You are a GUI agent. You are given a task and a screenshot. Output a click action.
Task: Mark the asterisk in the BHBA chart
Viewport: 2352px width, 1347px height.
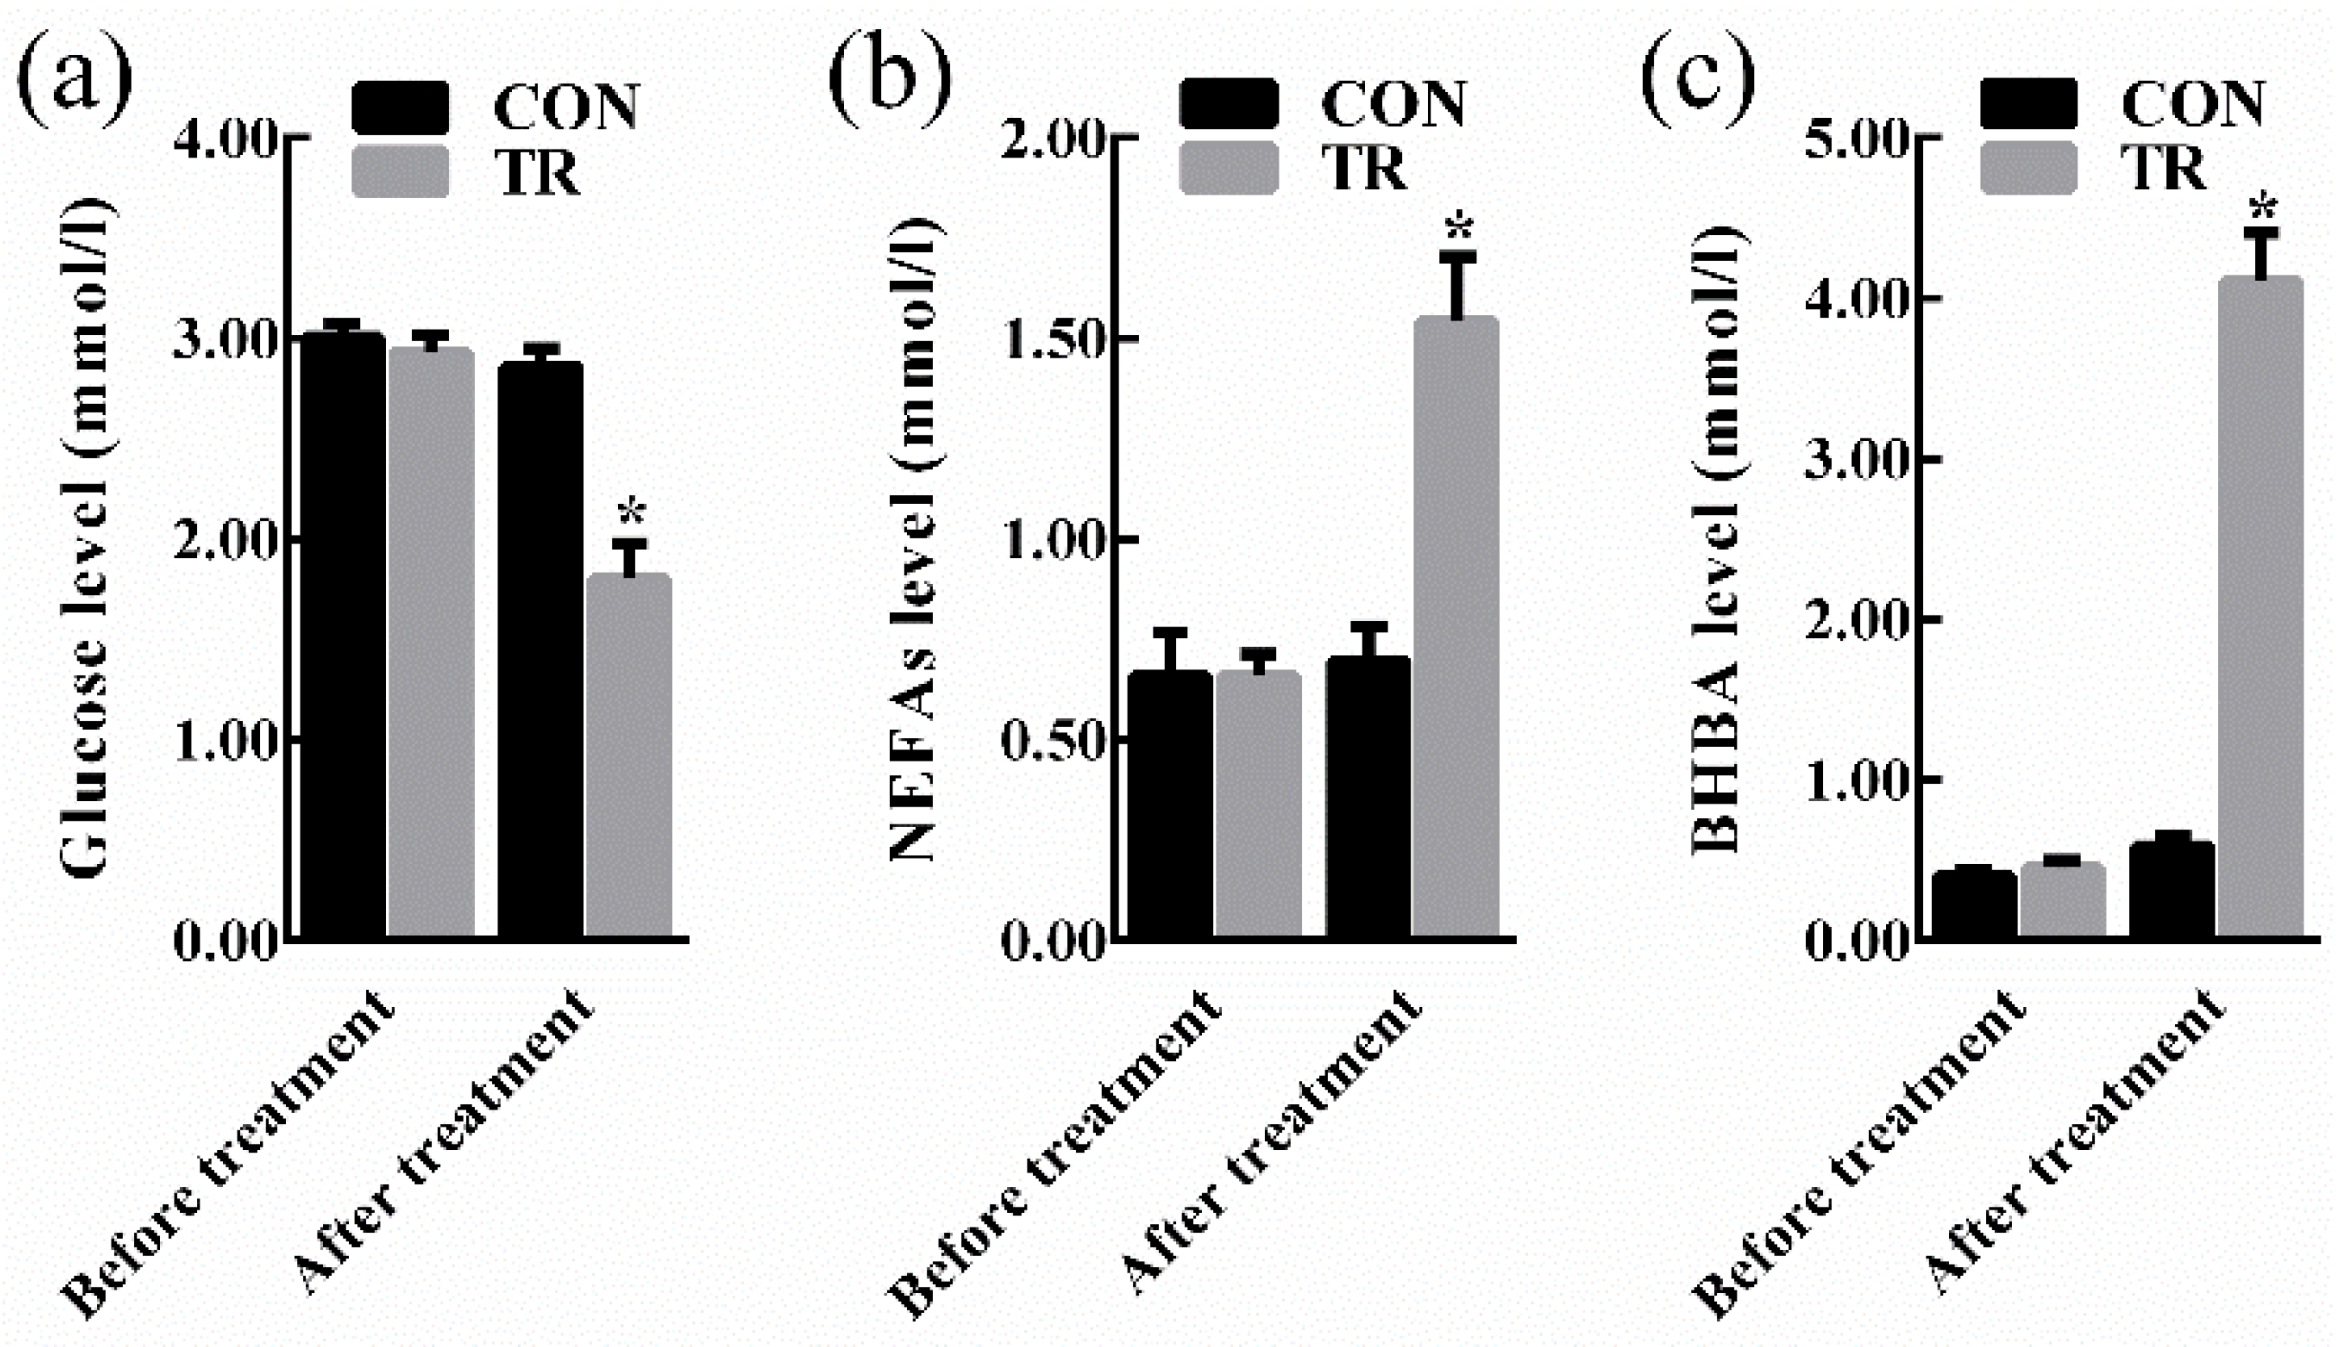[2262, 209]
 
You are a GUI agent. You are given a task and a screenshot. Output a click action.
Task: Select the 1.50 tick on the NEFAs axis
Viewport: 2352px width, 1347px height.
[1055, 341]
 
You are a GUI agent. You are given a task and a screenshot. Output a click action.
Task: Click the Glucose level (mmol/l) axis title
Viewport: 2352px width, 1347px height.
[90, 536]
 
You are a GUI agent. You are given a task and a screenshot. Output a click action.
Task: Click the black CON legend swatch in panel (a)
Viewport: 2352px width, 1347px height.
[401, 107]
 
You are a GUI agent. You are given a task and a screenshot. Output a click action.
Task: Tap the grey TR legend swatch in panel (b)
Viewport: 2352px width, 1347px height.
[1228, 168]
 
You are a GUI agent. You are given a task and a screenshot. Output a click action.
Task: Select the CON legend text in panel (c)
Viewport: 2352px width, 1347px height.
[2193, 103]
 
